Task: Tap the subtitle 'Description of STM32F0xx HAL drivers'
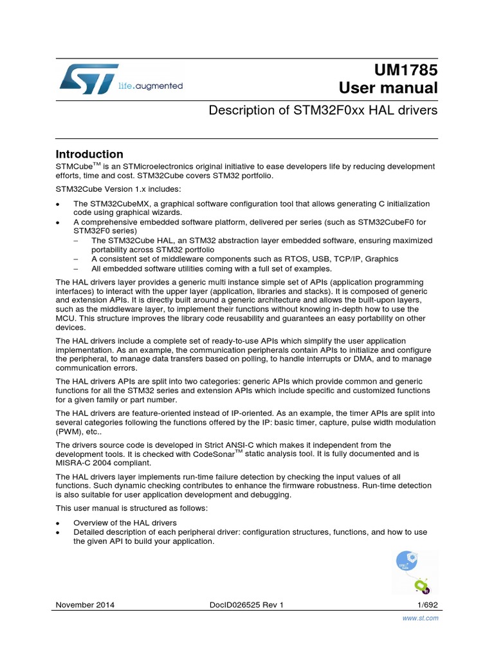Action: coord(324,111)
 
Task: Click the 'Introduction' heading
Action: coord(89,154)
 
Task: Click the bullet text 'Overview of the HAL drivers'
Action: coord(125,523)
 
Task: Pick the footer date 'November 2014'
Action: coord(86,604)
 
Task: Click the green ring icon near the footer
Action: coord(421,586)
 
